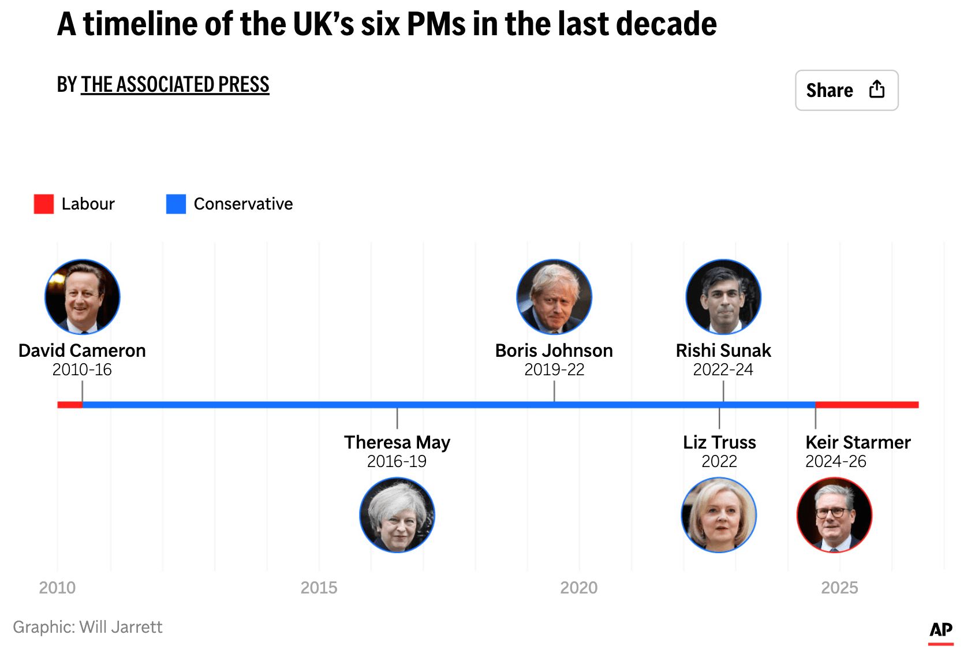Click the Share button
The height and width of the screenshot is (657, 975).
click(x=847, y=90)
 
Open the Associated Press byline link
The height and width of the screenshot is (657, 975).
click(x=175, y=84)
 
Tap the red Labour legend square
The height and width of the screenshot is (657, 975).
click(x=44, y=204)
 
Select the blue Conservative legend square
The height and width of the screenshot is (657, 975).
click(x=176, y=204)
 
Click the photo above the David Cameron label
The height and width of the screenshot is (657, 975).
click(x=83, y=297)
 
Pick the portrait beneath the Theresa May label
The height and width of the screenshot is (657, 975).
click(x=397, y=515)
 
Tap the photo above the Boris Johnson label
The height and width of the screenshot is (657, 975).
click(x=554, y=297)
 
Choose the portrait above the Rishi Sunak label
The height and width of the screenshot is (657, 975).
click(x=723, y=297)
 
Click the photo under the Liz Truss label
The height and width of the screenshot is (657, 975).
click(x=719, y=515)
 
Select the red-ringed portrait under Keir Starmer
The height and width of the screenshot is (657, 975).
click(x=834, y=515)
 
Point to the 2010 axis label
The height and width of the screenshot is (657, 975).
click(x=57, y=588)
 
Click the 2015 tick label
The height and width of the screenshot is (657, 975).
click(x=319, y=588)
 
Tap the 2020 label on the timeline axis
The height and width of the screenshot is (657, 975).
click(x=579, y=588)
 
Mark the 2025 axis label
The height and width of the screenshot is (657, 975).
click(x=839, y=588)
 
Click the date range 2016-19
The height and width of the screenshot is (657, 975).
click(x=397, y=461)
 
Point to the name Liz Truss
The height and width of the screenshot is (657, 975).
click(x=719, y=442)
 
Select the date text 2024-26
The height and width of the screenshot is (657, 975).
click(x=836, y=461)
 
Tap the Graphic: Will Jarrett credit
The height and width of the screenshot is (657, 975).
click(x=88, y=627)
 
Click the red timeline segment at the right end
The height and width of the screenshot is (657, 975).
click(x=867, y=405)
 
